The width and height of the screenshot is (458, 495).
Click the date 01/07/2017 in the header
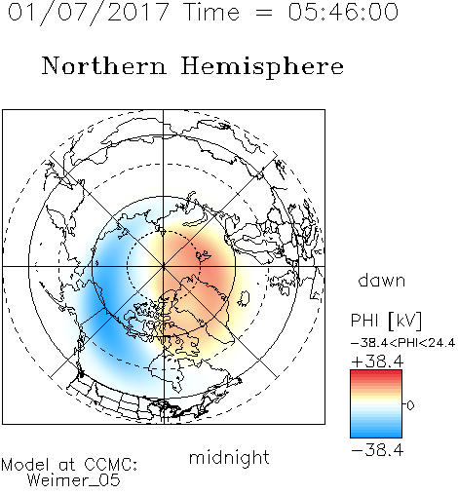(x=89, y=12)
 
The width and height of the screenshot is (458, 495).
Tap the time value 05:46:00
(x=343, y=12)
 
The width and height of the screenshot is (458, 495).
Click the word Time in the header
(x=211, y=12)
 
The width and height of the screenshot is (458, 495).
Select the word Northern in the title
(x=104, y=65)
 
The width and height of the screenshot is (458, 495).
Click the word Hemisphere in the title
(x=262, y=66)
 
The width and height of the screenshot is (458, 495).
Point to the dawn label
(x=382, y=281)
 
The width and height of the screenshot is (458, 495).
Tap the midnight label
(x=229, y=457)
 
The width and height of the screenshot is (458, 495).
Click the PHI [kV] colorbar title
(x=387, y=321)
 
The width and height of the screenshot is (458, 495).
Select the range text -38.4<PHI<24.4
(x=402, y=343)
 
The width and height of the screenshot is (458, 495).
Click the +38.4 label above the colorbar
(x=377, y=362)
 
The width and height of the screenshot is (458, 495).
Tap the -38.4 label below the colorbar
(x=377, y=450)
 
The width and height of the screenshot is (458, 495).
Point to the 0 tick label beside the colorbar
(x=410, y=405)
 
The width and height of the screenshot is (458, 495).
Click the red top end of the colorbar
(x=376, y=373)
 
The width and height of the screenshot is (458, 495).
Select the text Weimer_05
(x=74, y=480)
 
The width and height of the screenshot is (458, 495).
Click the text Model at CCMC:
(x=69, y=465)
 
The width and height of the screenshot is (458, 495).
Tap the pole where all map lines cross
(x=164, y=266)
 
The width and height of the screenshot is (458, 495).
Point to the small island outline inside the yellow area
(x=244, y=298)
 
